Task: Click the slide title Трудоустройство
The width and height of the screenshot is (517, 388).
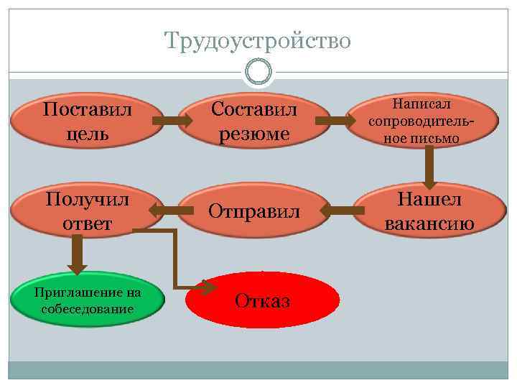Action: (258, 40)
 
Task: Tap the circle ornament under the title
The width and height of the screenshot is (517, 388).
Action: (258, 72)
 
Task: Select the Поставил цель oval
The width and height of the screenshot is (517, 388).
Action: (87, 121)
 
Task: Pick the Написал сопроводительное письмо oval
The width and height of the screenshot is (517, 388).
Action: (422, 121)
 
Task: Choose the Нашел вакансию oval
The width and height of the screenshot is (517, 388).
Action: (429, 211)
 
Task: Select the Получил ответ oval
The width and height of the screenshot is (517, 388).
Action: (87, 211)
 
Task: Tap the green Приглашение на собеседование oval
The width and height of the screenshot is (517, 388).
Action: (88, 300)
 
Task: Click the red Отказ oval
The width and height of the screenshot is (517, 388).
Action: (262, 300)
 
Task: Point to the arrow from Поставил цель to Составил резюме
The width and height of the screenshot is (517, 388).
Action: (172, 121)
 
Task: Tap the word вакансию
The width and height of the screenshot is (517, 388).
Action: (429, 223)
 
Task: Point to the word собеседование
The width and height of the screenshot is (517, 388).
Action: (88, 309)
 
